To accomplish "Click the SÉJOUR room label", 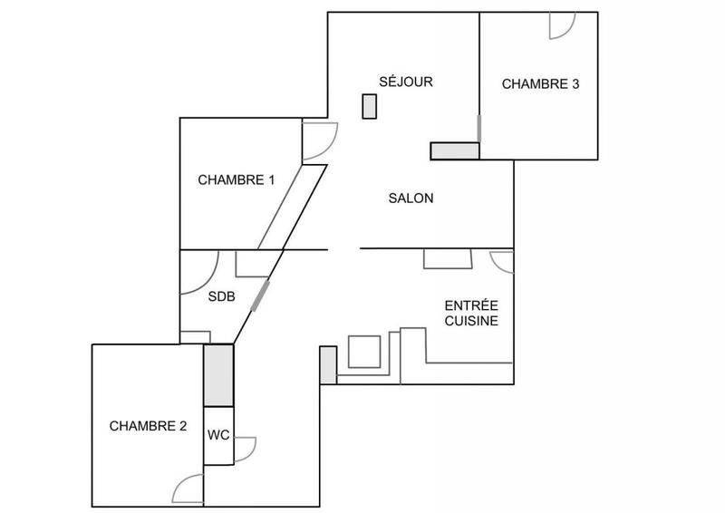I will [x=407, y=82].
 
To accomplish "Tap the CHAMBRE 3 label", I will [x=541, y=84].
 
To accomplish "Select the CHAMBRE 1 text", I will [x=237, y=179].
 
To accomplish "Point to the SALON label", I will [x=411, y=198].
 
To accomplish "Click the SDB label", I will [x=222, y=296].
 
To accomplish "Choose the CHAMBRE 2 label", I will [x=148, y=425].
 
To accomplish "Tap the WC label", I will [x=218, y=434].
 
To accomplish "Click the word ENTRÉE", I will [x=469, y=305].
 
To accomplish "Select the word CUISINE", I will [x=470, y=321].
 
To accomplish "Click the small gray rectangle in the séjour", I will [x=369, y=106].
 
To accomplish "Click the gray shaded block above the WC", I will [x=218, y=375].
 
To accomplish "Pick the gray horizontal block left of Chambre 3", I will [x=454, y=150].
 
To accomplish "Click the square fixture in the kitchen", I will [x=365, y=352].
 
